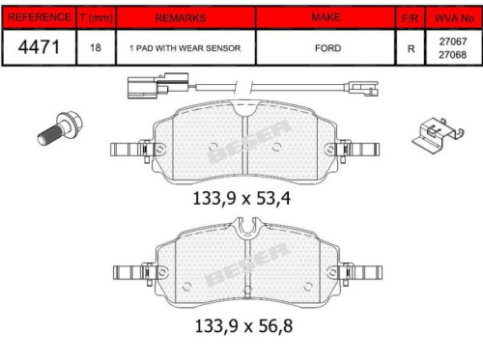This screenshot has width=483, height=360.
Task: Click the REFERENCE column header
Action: tap(38, 17)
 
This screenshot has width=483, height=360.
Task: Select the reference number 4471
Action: tap(38, 46)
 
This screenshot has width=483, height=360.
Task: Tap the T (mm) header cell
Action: tap(95, 17)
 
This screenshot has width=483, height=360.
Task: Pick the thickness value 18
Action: tap(95, 47)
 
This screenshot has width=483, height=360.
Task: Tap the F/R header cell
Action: tap(411, 17)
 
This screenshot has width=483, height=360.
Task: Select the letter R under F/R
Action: tap(411, 47)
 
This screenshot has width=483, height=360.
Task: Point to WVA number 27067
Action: tap(452, 42)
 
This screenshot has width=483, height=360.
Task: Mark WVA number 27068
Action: tap(452, 54)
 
